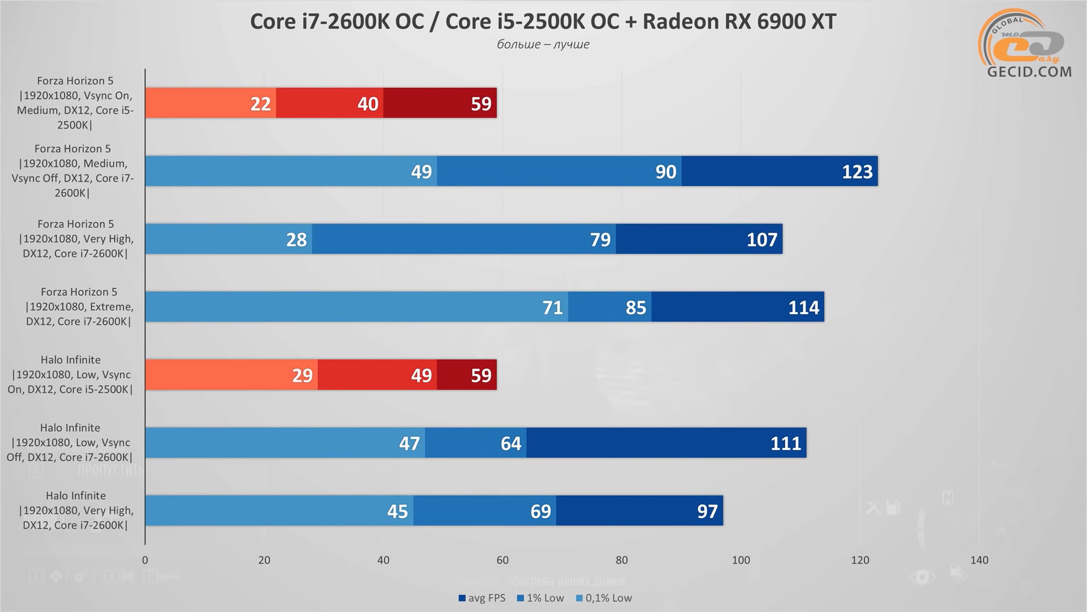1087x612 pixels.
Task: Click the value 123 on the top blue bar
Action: pos(857,172)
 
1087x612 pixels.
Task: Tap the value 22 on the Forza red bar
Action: pos(260,104)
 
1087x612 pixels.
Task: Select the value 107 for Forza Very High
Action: pos(761,240)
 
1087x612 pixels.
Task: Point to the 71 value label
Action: pos(553,308)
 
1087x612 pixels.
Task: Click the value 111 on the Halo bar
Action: pos(785,443)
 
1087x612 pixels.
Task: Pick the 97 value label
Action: pos(707,511)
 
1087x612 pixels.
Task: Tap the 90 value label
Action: pos(666,172)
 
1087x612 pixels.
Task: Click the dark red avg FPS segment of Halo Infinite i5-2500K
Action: pos(467,375)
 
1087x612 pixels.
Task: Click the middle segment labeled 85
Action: pos(610,307)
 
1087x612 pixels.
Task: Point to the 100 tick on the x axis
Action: pos(741,560)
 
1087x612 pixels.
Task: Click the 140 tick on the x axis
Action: pos(979,560)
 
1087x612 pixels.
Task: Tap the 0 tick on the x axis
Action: pos(145,560)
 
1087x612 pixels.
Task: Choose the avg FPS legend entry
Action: pos(482,598)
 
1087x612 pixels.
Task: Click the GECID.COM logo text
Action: pos(1029,72)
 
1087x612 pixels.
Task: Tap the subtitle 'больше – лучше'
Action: pos(543,44)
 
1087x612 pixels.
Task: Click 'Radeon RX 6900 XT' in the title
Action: pos(739,22)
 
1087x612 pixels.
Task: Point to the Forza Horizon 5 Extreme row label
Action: pos(79,307)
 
